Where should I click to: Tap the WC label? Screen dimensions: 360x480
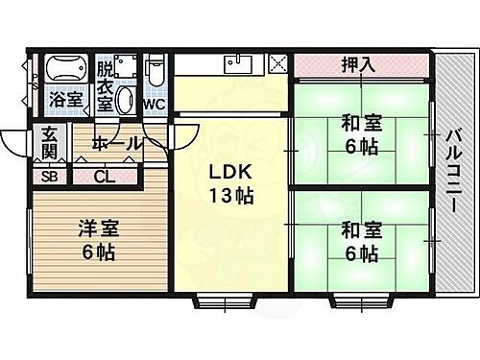coord(156,104)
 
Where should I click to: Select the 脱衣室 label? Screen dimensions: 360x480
coord(106,85)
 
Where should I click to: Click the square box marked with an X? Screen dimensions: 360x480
coord(278,65)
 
